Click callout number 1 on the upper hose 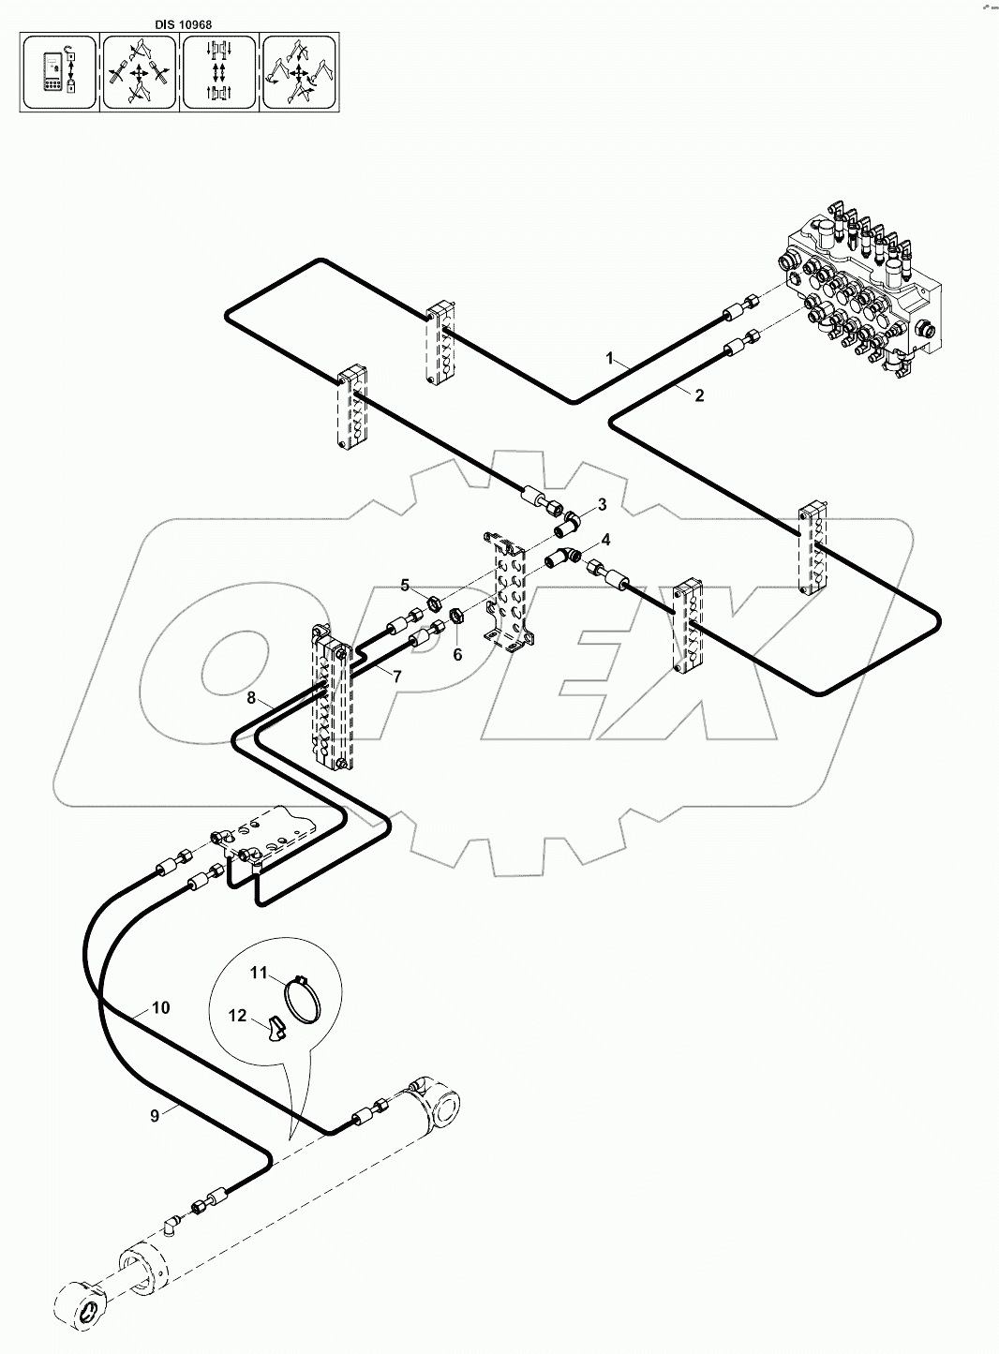click(x=610, y=358)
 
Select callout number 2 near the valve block click(x=699, y=395)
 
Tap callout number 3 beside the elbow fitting click(x=603, y=505)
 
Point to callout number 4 click(x=606, y=540)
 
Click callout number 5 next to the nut click(x=405, y=586)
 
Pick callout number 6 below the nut click(x=457, y=654)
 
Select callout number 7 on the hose click(x=396, y=676)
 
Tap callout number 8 click(x=251, y=697)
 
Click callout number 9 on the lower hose click(x=156, y=1114)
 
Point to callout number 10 click(x=160, y=1007)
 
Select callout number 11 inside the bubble click(x=259, y=974)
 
